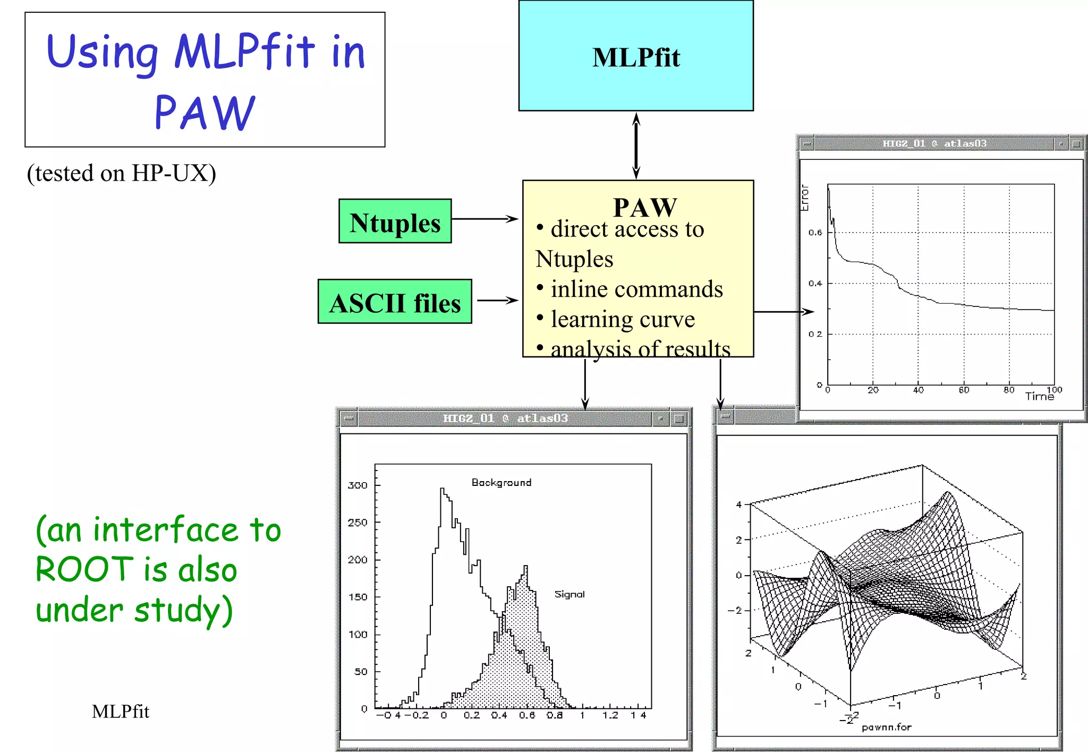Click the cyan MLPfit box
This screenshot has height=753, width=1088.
tap(635, 56)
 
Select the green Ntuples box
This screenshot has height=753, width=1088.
tap(395, 221)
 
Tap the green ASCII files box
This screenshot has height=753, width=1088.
tap(394, 302)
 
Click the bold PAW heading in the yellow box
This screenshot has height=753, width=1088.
tap(644, 207)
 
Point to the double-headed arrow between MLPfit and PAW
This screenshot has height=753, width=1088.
tap(636, 146)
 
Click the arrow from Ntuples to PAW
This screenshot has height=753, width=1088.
tap(484, 219)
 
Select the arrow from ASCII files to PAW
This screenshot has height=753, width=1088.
tap(497, 300)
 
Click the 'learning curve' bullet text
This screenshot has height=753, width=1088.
tap(622, 319)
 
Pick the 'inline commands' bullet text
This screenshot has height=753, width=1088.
tap(636, 289)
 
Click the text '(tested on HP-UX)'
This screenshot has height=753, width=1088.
tap(122, 174)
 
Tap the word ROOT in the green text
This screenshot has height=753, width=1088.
tap(84, 570)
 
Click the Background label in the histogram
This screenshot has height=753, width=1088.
tap(501, 482)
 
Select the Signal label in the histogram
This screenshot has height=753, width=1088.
tap(569, 594)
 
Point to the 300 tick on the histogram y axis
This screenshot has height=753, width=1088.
tap(358, 485)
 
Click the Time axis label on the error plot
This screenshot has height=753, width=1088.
tap(1039, 397)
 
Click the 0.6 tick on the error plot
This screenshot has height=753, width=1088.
tap(815, 233)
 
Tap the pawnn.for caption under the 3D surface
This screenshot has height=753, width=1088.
tap(886, 727)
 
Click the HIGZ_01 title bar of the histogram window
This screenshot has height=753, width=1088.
tap(505, 418)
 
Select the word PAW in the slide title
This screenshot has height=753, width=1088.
tap(205, 113)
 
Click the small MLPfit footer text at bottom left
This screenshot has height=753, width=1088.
tap(121, 712)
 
